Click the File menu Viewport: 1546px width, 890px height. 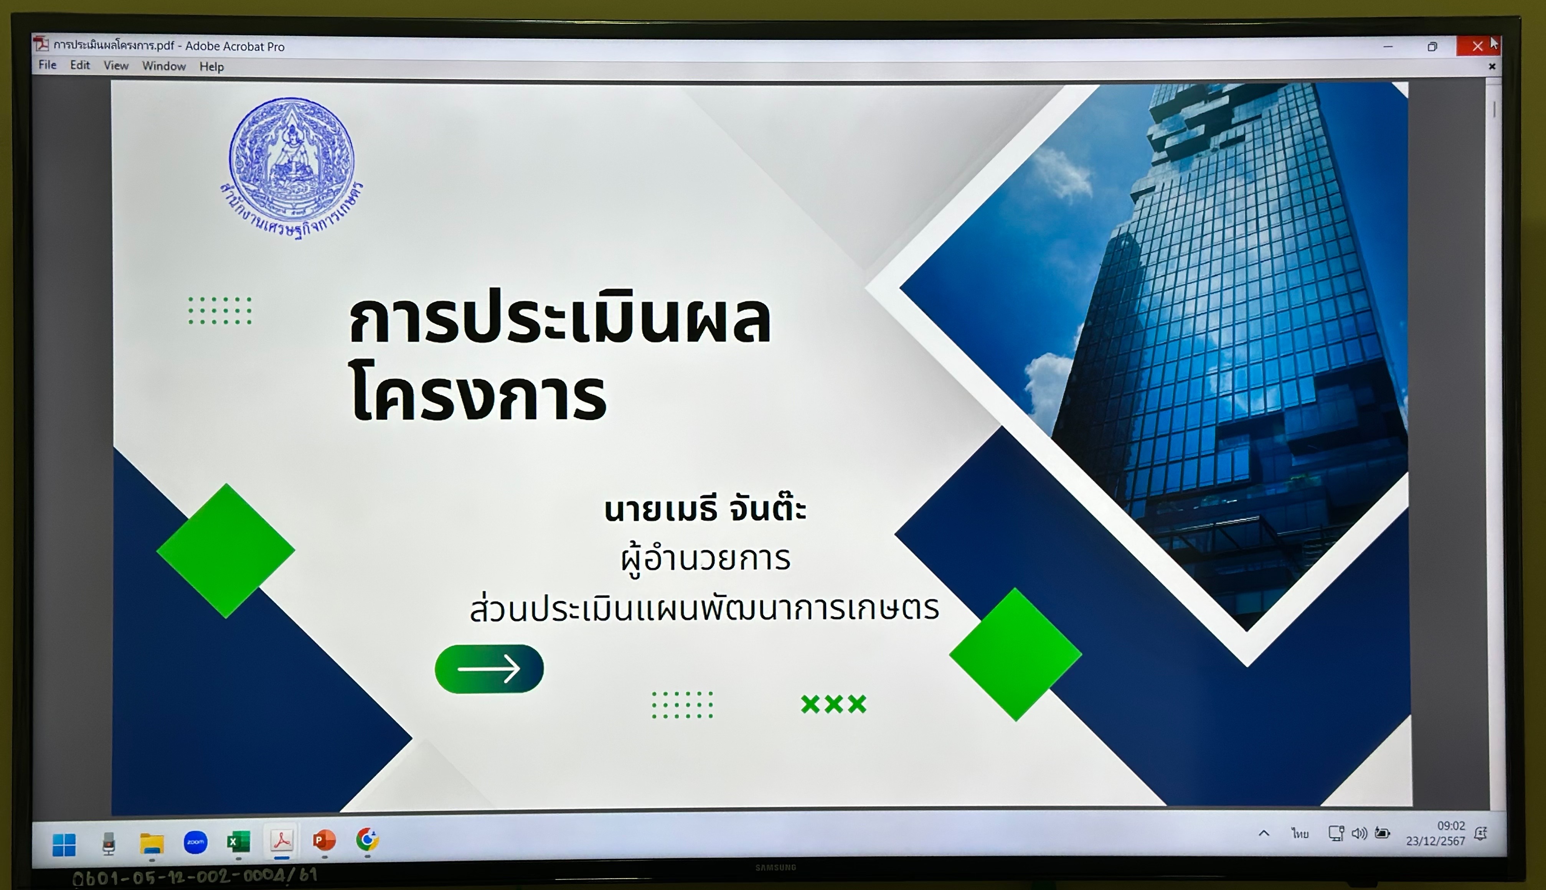click(x=48, y=65)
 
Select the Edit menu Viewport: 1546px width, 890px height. click(x=80, y=65)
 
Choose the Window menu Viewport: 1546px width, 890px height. click(x=164, y=66)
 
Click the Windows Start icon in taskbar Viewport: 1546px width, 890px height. click(x=64, y=845)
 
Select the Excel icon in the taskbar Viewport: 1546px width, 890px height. click(x=238, y=842)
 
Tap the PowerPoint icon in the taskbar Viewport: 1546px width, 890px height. click(x=324, y=841)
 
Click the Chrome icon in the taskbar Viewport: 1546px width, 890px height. click(x=367, y=839)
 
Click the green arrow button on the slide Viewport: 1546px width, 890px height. click(x=489, y=669)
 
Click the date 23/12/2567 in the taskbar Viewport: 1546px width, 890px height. click(x=1435, y=841)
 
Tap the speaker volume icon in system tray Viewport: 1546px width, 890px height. click(x=1359, y=833)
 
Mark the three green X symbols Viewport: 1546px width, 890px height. click(x=834, y=704)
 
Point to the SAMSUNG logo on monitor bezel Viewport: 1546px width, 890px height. click(x=776, y=867)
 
